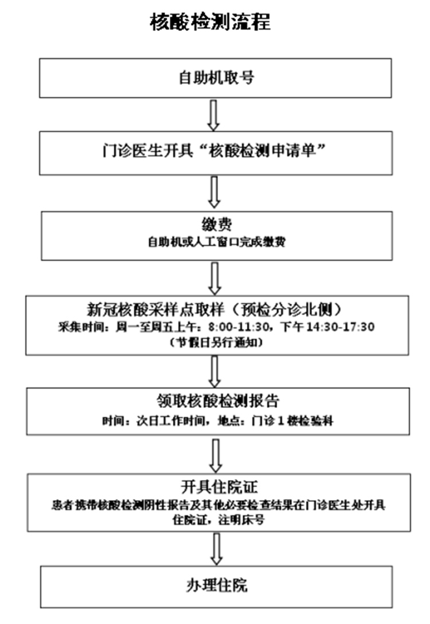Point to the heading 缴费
tap(215, 226)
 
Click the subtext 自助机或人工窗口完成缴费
tap(215, 242)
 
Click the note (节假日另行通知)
tap(215, 342)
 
